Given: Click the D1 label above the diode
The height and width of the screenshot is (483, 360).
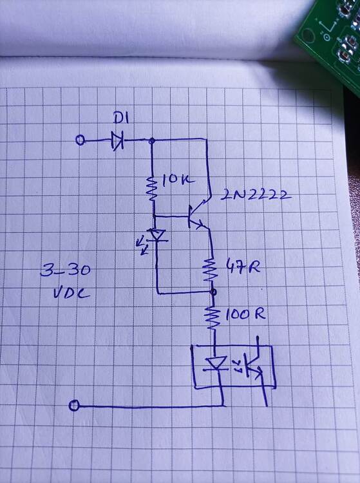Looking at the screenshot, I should pyautogui.click(x=122, y=118).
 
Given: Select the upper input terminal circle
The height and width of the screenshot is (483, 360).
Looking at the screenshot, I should pyautogui.click(x=80, y=140).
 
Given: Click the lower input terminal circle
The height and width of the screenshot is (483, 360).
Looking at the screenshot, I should pyautogui.click(x=74, y=405).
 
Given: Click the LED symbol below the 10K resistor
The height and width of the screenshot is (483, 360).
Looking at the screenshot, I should pyautogui.click(x=155, y=236).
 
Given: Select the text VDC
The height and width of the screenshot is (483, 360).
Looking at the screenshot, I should pyautogui.click(x=71, y=296).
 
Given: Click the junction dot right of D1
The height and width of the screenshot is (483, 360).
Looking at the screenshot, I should pyautogui.click(x=151, y=140).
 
